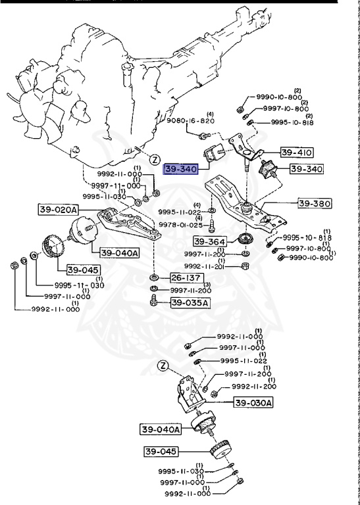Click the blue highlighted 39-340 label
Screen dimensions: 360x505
(181, 169)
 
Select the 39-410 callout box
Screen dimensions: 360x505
(297, 153)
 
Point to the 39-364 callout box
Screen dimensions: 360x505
(209, 241)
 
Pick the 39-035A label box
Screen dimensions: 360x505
(190, 302)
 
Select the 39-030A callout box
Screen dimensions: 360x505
(253, 402)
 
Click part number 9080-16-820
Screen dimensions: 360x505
(190, 121)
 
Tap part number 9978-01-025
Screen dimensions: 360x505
(180, 225)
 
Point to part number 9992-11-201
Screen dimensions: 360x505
(204, 266)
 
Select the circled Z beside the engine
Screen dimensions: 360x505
(155, 159)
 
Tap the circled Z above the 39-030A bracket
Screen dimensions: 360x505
(163, 366)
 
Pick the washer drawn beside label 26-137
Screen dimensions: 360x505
(153, 277)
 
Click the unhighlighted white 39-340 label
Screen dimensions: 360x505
(307, 169)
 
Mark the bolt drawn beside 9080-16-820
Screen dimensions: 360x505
(204, 136)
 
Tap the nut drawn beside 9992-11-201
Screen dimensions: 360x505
(245, 266)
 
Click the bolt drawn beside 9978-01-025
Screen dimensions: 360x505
(212, 226)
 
